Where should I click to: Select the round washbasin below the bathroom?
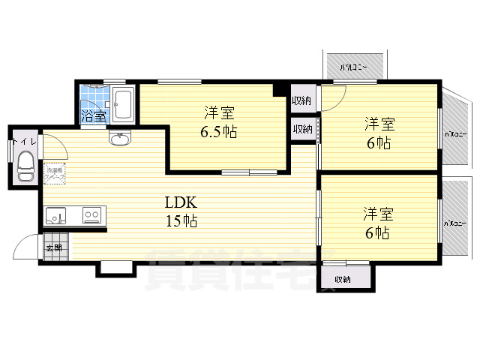tap(119, 139)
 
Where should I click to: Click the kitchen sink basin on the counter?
tap(56, 216)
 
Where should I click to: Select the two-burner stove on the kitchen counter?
tap(92, 216)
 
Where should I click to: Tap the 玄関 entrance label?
tap(54, 247)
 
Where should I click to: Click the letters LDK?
tap(180, 202)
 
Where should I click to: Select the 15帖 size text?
tap(181, 221)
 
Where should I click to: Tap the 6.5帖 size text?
tap(220, 131)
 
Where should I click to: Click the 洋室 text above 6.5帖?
tap(220, 113)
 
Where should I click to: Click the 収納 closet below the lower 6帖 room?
tap(343, 278)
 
